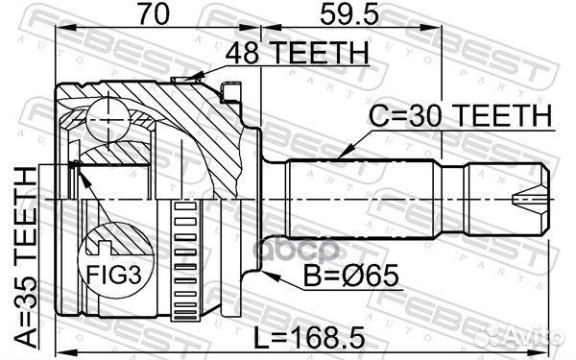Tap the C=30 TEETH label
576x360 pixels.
pos(462,117)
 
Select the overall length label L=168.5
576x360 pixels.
pos(309,337)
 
